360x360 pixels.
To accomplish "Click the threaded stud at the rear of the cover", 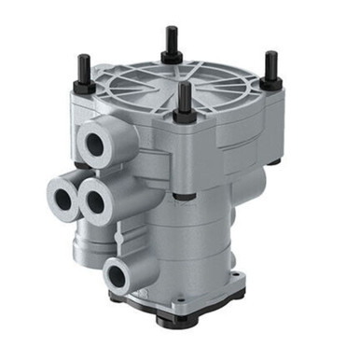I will click(173, 40).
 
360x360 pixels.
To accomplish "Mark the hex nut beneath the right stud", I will click(270, 82).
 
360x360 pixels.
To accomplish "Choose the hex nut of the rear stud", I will click(173, 56).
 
